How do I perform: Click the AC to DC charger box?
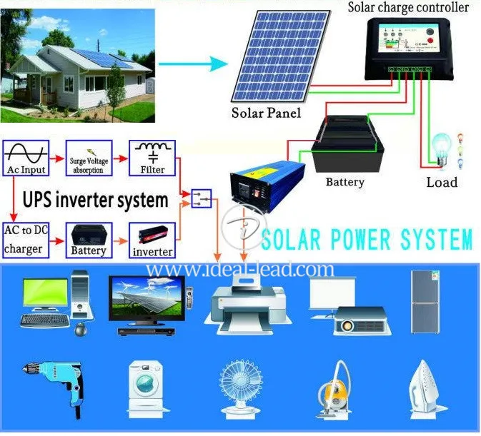[x=26, y=239]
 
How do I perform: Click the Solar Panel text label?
[x=266, y=113]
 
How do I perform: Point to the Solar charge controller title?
[x=408, y=8]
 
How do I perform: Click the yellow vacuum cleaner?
[x=333, y=388]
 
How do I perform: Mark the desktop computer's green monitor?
[x=46, y=293]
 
